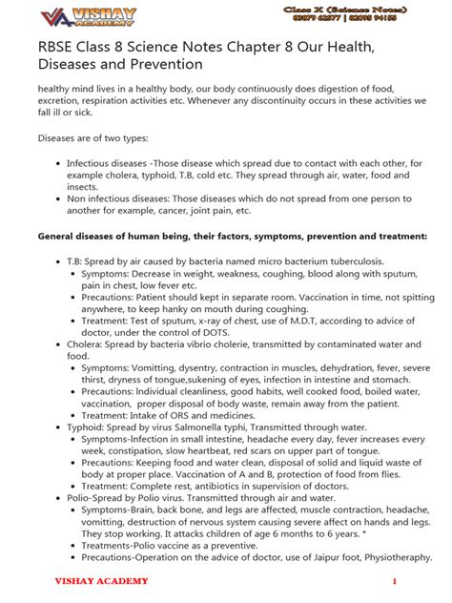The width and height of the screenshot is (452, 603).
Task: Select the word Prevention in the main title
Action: (165, 64)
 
